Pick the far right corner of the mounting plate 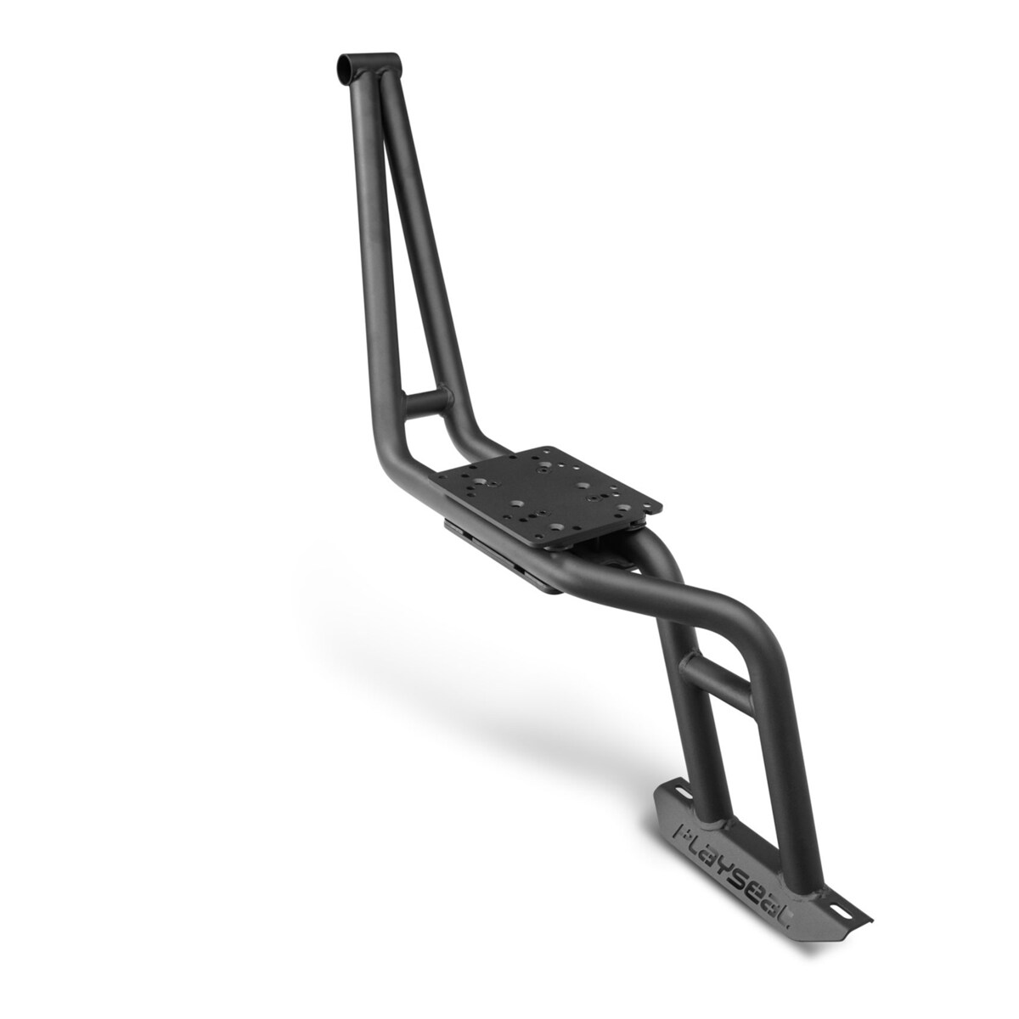coord(662,502)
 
